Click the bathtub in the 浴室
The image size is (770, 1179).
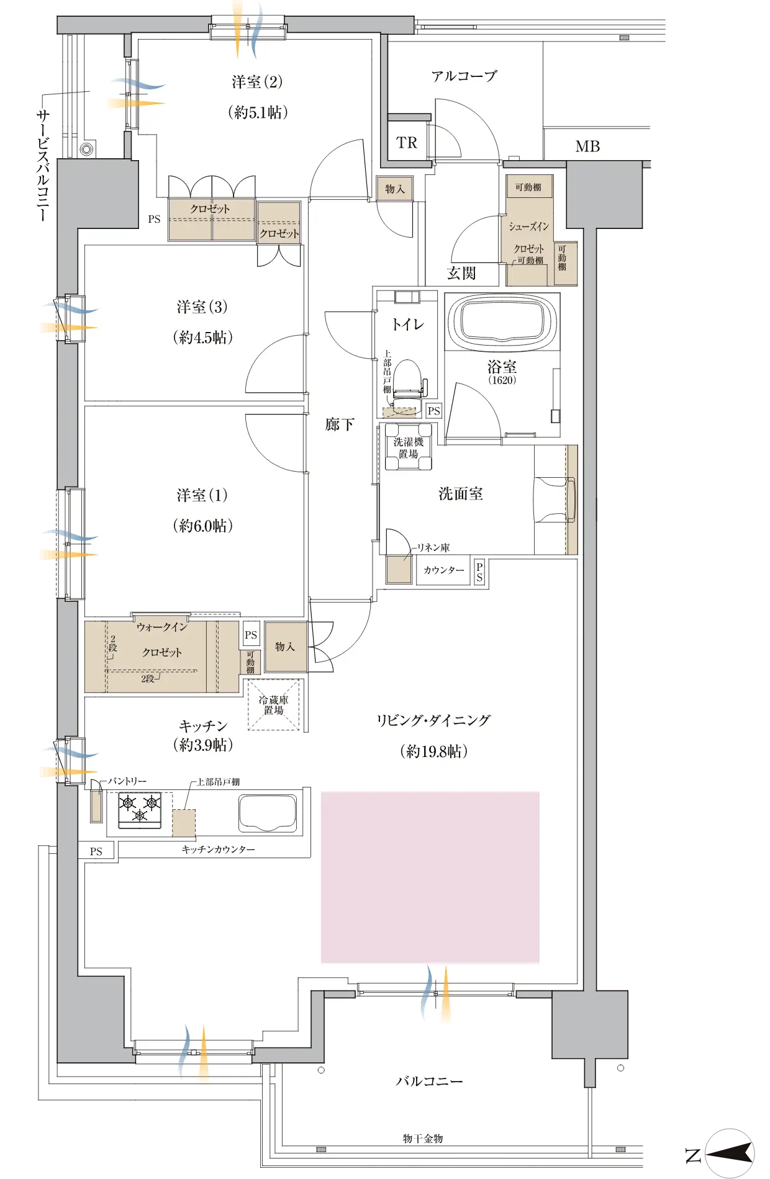pyautogui.click(x=502, y=321)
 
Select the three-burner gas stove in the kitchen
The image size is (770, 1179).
pyautogui.click(x=140, y=810)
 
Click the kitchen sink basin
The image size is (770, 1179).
pyautogui.click(x=268, y=814)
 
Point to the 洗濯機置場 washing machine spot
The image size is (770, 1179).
pyautogui.click(x=408, y=447)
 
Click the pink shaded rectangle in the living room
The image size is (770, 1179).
pyautogui.click(x=430, y=877)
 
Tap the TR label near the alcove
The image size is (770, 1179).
pyautogui.click(x=407, y=143)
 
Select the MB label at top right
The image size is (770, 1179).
pyautogui.click(x=587, y=146)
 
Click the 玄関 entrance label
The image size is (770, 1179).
pyautogui.click(x=461, y=273)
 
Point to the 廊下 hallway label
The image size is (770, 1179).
pyautogui.click(x=340, y=424)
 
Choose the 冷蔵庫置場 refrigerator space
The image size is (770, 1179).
pyautogui.click(x=274, y=705)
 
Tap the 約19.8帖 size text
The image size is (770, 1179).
pyautogui.click(x=433, y=751)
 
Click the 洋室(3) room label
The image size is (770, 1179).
pyautogui.click(x=202, y=307)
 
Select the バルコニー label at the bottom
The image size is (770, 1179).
pyautogui.click(x=430, y=1081)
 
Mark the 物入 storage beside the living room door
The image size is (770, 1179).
pyautogui.click(x=286, y=647)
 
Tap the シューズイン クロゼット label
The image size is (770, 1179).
pyautogui.click(x=529, y=238)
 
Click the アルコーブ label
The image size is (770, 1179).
pyautogui.click(x=464, y=76)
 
